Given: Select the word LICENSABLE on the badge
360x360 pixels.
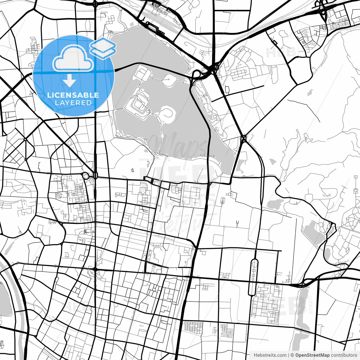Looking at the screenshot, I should coord(73,95).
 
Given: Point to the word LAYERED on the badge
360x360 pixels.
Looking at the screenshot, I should coord(73,103).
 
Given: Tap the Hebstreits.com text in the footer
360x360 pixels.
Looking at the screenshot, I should coord(270,355).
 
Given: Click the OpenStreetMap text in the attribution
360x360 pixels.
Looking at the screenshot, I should coord(312,355).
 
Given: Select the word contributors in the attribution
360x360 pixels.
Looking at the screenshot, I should coord(344,355).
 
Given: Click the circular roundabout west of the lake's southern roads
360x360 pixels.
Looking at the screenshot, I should coord(85,176).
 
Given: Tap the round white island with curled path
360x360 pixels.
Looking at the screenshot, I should coord(168,114).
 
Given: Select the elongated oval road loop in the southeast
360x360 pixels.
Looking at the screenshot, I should coord(253,277).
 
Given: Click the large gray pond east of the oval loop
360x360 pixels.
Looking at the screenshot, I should coord(313,233).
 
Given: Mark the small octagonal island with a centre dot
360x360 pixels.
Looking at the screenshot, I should coord(169,79).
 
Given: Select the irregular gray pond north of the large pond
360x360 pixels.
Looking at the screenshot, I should coord(275,204).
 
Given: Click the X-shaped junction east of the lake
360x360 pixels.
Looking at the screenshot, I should coord(244,138).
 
